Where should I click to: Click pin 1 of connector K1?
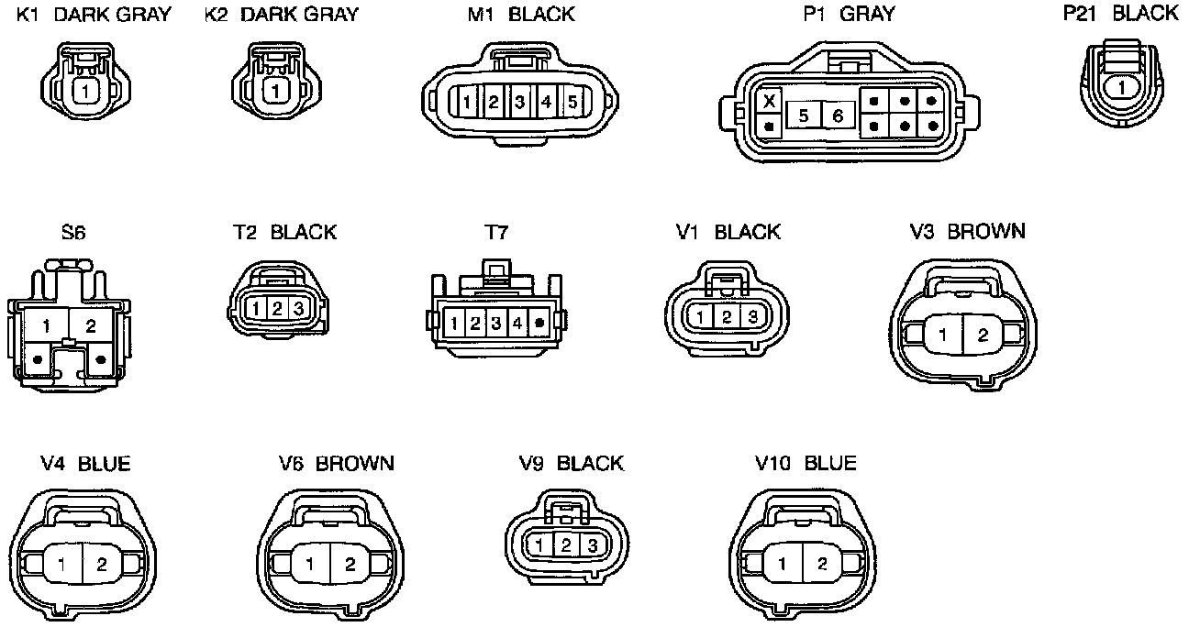(85, 92)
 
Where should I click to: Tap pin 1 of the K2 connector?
(273, 92)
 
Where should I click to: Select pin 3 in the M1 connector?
(518, 102)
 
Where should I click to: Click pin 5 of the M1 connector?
(571, 102)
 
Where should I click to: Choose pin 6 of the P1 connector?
(837, 115)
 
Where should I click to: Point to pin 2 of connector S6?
(90, 325)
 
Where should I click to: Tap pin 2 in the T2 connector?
(276, 310)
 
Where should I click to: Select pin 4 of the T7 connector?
(517, 323)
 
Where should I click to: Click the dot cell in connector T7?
(539, 323)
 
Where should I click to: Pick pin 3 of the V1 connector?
(751, 317)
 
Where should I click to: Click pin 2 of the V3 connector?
(983, 335)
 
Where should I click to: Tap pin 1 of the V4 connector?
(61, 565)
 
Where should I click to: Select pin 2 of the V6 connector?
(350, 565)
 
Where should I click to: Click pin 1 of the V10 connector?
(782, 565)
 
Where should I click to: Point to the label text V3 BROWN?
(967, 231)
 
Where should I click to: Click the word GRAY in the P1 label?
(867, 14)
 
